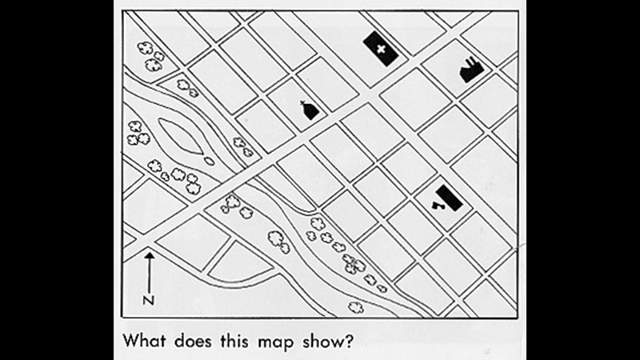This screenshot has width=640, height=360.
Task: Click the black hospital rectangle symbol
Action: (381, 49)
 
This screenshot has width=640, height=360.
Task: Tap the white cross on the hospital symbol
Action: (381, 50)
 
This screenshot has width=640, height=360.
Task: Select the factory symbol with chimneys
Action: (471, 70)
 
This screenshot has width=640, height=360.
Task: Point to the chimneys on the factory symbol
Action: (474, 62)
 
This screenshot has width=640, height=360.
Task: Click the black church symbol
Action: (310, 110)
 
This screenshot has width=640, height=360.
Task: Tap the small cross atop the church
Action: (302, 103)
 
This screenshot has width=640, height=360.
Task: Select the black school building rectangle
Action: (450, 198)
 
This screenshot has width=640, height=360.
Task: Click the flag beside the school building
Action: (436, 206)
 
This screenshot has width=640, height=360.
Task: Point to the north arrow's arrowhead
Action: (150, 255)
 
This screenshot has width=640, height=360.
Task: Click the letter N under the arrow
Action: (149, 301)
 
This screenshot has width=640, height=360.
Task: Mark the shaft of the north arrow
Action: (150, 275)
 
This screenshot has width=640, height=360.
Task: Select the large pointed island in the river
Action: (180, 136)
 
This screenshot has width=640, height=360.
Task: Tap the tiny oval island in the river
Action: (209, 161)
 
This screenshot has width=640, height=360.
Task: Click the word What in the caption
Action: (144, 340)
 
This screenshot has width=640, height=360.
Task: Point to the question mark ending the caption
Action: (350, 340)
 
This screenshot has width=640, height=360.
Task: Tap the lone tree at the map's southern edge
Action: (355, 307)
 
